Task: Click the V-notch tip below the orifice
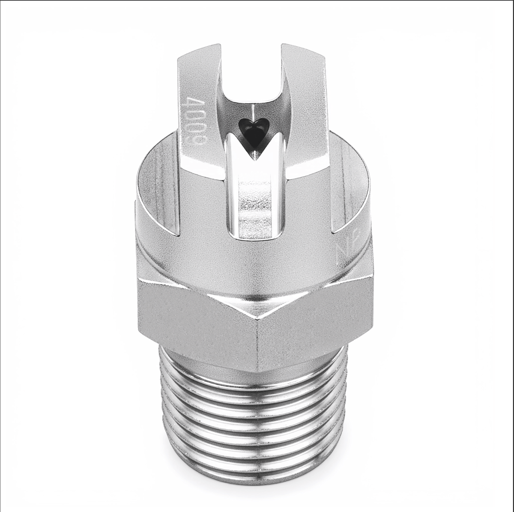click(x=254, y=158)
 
